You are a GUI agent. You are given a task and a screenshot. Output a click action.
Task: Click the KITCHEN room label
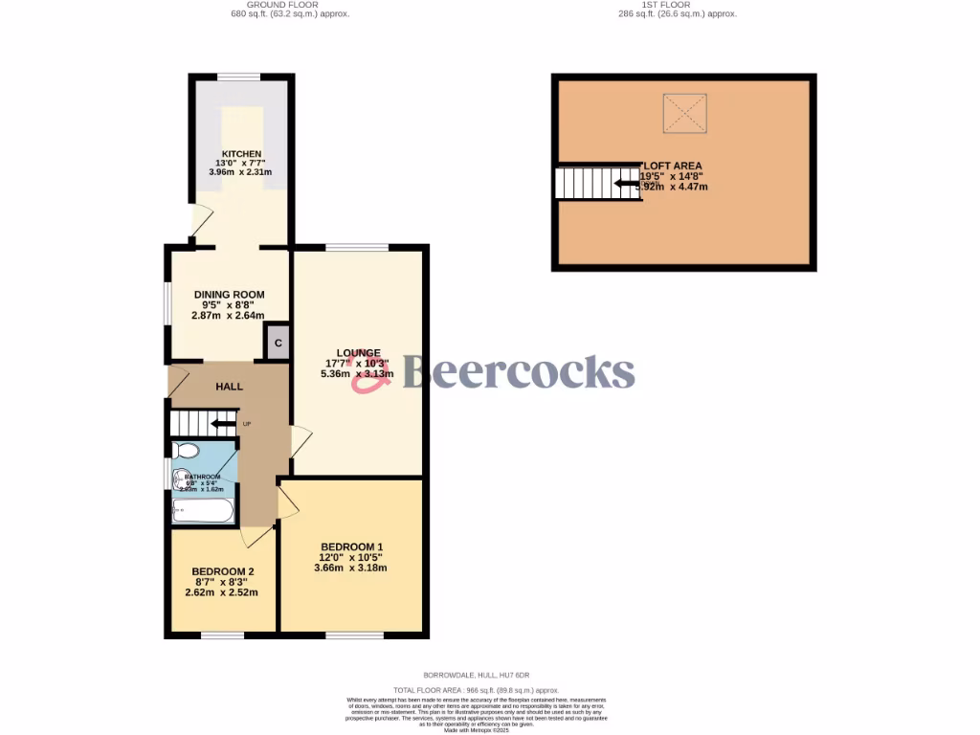tap(241, 154)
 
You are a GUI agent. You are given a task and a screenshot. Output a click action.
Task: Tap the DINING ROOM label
tap(229, 295)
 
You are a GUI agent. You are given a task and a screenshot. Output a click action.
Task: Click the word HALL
tap(229, 387)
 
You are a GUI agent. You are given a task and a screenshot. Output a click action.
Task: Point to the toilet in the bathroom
tap(187, 450)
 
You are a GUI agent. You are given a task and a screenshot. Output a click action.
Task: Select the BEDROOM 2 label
tap(222, 571)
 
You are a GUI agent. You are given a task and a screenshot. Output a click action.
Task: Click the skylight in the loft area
tap(684, 113)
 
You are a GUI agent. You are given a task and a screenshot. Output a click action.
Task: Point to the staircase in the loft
tap(585, 183)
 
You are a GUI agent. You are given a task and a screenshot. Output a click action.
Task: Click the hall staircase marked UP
tap(202, 422)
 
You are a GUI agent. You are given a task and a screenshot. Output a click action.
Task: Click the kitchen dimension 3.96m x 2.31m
tap(241, 172)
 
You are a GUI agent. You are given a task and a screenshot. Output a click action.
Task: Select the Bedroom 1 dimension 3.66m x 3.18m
tap(352, 568)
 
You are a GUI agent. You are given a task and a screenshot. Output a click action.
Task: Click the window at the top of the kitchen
tap(238, 77)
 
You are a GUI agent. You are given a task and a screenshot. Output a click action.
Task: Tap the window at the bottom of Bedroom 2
tap(222, 635)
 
